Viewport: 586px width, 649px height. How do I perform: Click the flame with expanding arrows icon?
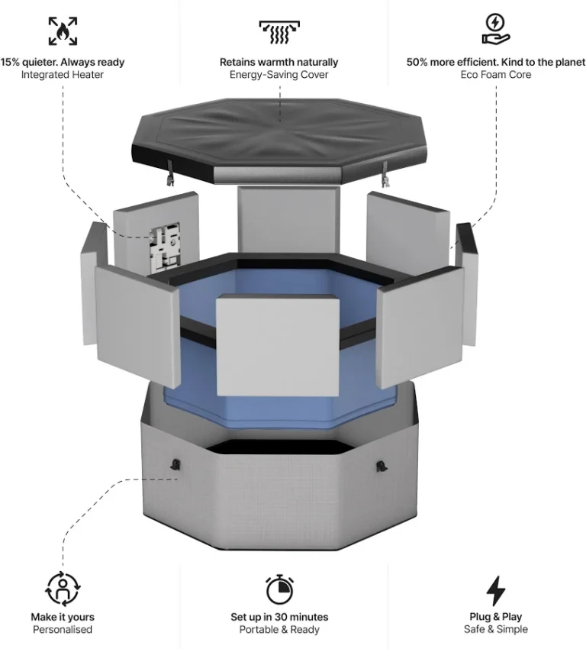coord(63,31)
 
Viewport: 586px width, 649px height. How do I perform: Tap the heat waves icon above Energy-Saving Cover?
coord(279,32)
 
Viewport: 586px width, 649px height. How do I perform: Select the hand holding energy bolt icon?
coord(496,28)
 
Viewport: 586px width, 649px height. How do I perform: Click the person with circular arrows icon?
coord(63,589)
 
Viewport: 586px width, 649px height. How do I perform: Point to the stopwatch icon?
coord(279,589)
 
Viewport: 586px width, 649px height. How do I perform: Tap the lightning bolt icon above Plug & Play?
coord(496,591)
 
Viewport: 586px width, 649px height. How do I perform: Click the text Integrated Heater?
coord(63,75)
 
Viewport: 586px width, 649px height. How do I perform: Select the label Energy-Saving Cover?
coord(279,75)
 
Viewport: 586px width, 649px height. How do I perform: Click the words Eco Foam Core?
coord(496,75)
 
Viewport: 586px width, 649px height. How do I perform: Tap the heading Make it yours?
coord(63,617)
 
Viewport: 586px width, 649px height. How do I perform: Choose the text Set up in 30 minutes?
coord(279,617)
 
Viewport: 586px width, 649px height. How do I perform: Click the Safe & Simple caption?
coord(496,629)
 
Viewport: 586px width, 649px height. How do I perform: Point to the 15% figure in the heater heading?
coord(11,62)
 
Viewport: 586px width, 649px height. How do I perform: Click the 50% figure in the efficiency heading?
coord(417,62)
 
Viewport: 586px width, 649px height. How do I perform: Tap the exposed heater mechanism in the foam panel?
coord(165,246)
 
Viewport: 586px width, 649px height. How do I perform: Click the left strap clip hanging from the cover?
coord(170,175)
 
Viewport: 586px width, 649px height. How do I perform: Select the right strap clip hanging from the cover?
coord(385,176)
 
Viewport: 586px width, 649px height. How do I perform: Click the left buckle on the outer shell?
coord(175,465)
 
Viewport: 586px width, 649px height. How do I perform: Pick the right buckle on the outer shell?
coord(382,467)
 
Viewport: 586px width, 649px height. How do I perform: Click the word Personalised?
coord(63,630)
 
